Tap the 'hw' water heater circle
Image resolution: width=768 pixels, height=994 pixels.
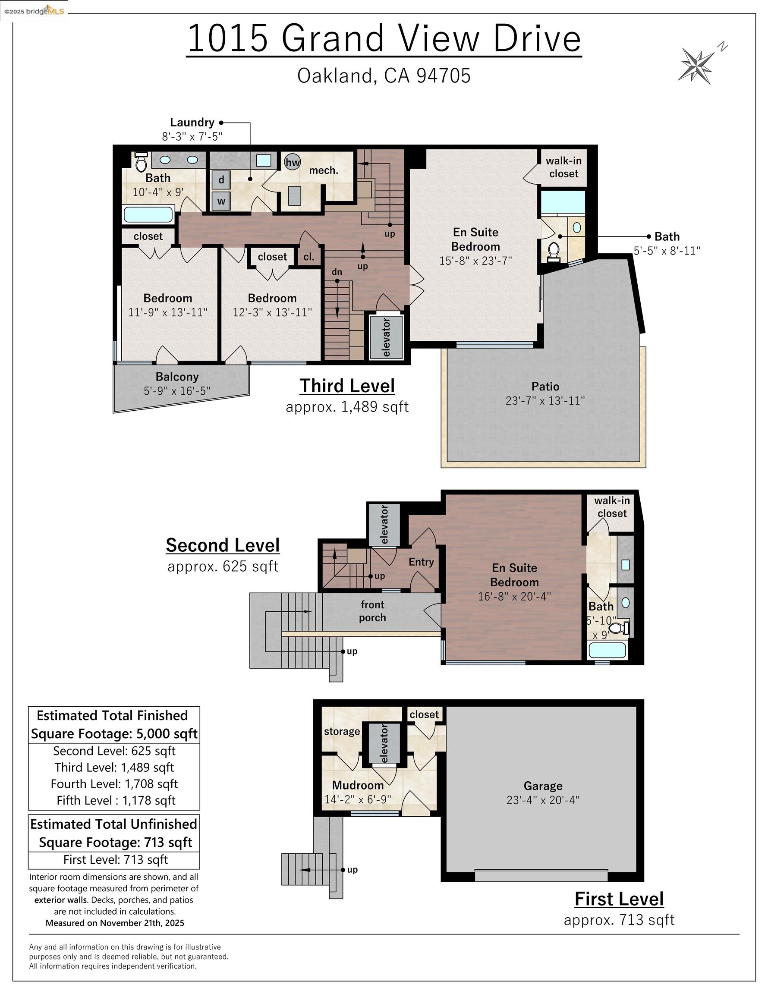[292, 163]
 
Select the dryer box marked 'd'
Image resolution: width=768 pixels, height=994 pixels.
[221, 180]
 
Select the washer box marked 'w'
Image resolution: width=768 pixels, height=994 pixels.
[221, 201]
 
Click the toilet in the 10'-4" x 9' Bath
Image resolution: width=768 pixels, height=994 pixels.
[141, 163]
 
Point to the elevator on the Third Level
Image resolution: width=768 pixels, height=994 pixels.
[386, 337]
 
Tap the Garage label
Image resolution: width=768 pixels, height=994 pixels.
[543, 786]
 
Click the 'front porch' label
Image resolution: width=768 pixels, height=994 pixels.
[372, 611]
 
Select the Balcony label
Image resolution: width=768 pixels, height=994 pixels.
[177, 377]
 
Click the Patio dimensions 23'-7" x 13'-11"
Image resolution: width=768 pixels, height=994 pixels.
[545, 400]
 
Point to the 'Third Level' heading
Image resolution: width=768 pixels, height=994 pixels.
[347, 386]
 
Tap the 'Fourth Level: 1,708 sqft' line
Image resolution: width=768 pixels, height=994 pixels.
[114, 784]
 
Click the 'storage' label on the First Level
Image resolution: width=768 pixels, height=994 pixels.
[341, 731]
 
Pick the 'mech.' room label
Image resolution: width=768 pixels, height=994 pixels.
[324, 171]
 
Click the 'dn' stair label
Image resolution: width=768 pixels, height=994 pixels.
[337, 272]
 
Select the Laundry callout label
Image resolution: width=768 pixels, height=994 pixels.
[192, 123]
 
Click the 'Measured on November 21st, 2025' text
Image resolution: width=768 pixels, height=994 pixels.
[115, 923]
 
